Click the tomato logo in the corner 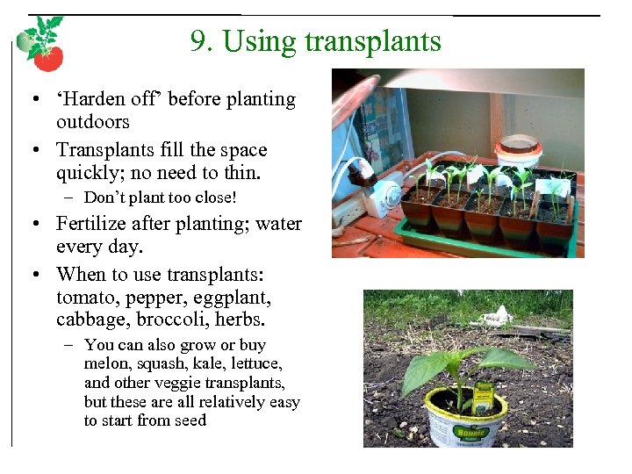coord(40,44)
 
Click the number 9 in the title coord(197,41)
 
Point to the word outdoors coord(92,122)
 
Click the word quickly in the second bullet coord(90,173)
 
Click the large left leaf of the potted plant coord(422,373)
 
